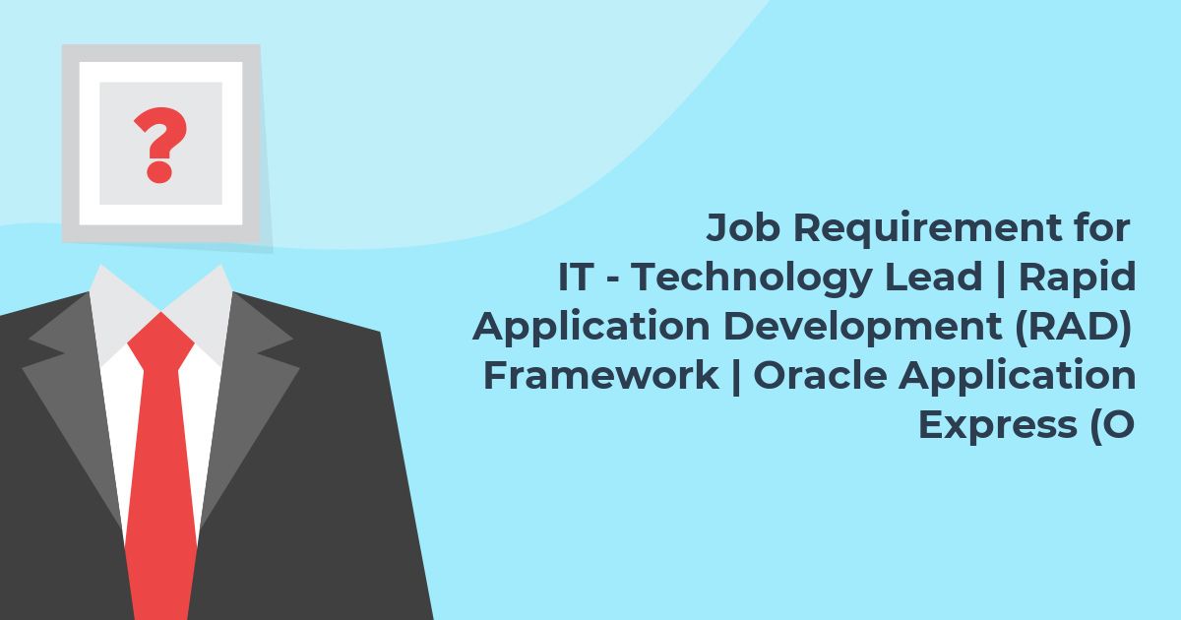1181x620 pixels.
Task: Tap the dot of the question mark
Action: (159, 172)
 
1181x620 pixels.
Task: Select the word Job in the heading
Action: (743, 227)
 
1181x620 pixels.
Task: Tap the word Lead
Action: (933, 277)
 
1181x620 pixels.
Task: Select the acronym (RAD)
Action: (1073, 327)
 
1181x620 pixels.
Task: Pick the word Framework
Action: (601, 375)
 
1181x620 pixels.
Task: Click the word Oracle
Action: (821, 375)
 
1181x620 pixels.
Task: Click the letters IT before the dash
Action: (576, 277)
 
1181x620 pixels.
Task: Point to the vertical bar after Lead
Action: (1000, 278)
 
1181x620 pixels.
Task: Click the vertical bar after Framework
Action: (736, 376)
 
